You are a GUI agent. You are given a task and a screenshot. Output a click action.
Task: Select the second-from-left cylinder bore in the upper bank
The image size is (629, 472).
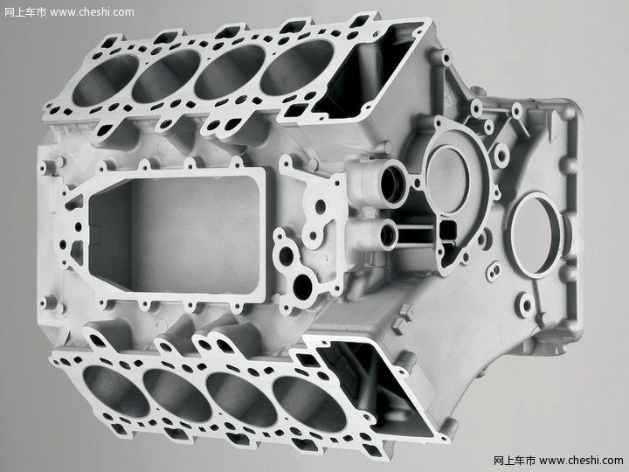[x=167, y=76]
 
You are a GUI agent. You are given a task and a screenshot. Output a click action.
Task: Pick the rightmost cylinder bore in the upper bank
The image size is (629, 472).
[x=298, y=67]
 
